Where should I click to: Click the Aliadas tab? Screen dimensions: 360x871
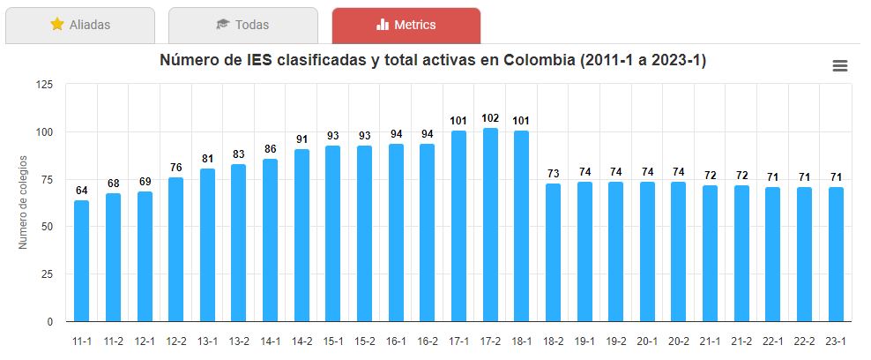click(x=80, y=25)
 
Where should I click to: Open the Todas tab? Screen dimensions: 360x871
click(x=243, y=25)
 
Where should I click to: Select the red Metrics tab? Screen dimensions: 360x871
click(x=406, y=25)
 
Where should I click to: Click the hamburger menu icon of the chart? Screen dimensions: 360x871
click(x=839, y=66)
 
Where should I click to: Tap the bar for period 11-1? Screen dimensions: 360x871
click(x=81, y=260)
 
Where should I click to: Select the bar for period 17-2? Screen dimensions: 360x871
click(x=490, y=225)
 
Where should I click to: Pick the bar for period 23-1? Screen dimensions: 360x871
click(x=836, y=254)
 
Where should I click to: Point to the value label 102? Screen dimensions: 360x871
click(x=490, y=118)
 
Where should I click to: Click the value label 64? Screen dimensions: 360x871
click(x=81, y=190)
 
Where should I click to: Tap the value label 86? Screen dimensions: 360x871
click(x=270, y=148)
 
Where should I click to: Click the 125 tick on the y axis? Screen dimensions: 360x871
click(x=44, y=85)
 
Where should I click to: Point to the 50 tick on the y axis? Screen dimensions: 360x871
click(x=48, y=227)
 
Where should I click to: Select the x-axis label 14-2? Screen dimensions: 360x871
click(x=301, y=341)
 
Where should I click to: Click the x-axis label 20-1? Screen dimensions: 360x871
click(x=647, y=341)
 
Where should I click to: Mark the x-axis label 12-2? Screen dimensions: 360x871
click(x=175, y=341)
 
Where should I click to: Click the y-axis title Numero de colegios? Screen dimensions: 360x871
click(x=24, y=203)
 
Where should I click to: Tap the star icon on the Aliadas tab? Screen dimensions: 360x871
click(x=57, y=25)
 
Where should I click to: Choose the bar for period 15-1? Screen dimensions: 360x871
click(x=332, y=234)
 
